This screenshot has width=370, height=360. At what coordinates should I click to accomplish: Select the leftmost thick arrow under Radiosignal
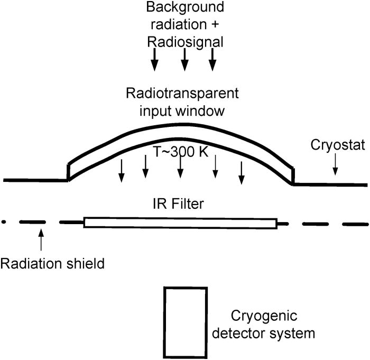pyautogui.click(x=154, y=59)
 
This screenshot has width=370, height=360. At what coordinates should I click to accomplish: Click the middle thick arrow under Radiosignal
pyautogui.click(x=184, y=59)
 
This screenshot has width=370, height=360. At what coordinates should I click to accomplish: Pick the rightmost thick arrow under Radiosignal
pyautogui.click(x=212, y=59)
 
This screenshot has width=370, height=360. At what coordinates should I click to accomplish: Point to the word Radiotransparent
pyautogui.click(x=182, y=94)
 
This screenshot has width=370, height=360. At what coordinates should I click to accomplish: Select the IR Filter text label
pyautogui.click(x=181, y=203)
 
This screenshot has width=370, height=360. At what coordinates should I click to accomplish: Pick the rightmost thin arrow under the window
pyautogui.click(x=241, y=172)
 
